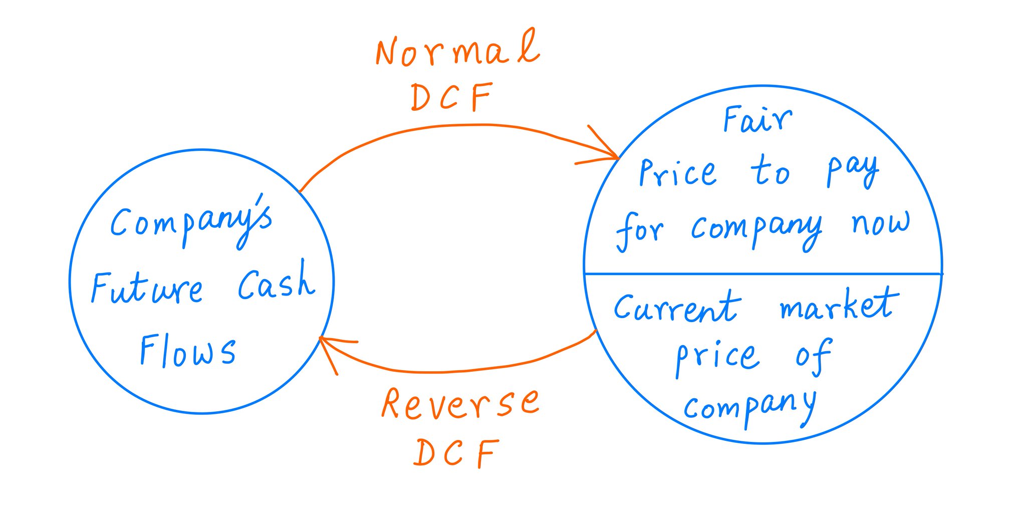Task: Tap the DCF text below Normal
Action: pyautogui.click(x=451, y=97)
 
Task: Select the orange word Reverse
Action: pyautogui.click(x=460, y=404)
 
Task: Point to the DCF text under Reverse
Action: pyautogui.click(x=456, y=453)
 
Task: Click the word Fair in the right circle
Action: pyautogui.click(x=757, y=120)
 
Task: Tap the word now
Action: pyautogui.click(x=881, y=223)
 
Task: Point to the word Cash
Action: pyautogui.click(x=276, y=282)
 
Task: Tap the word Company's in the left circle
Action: pyautogui.click(x=191, y=223)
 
